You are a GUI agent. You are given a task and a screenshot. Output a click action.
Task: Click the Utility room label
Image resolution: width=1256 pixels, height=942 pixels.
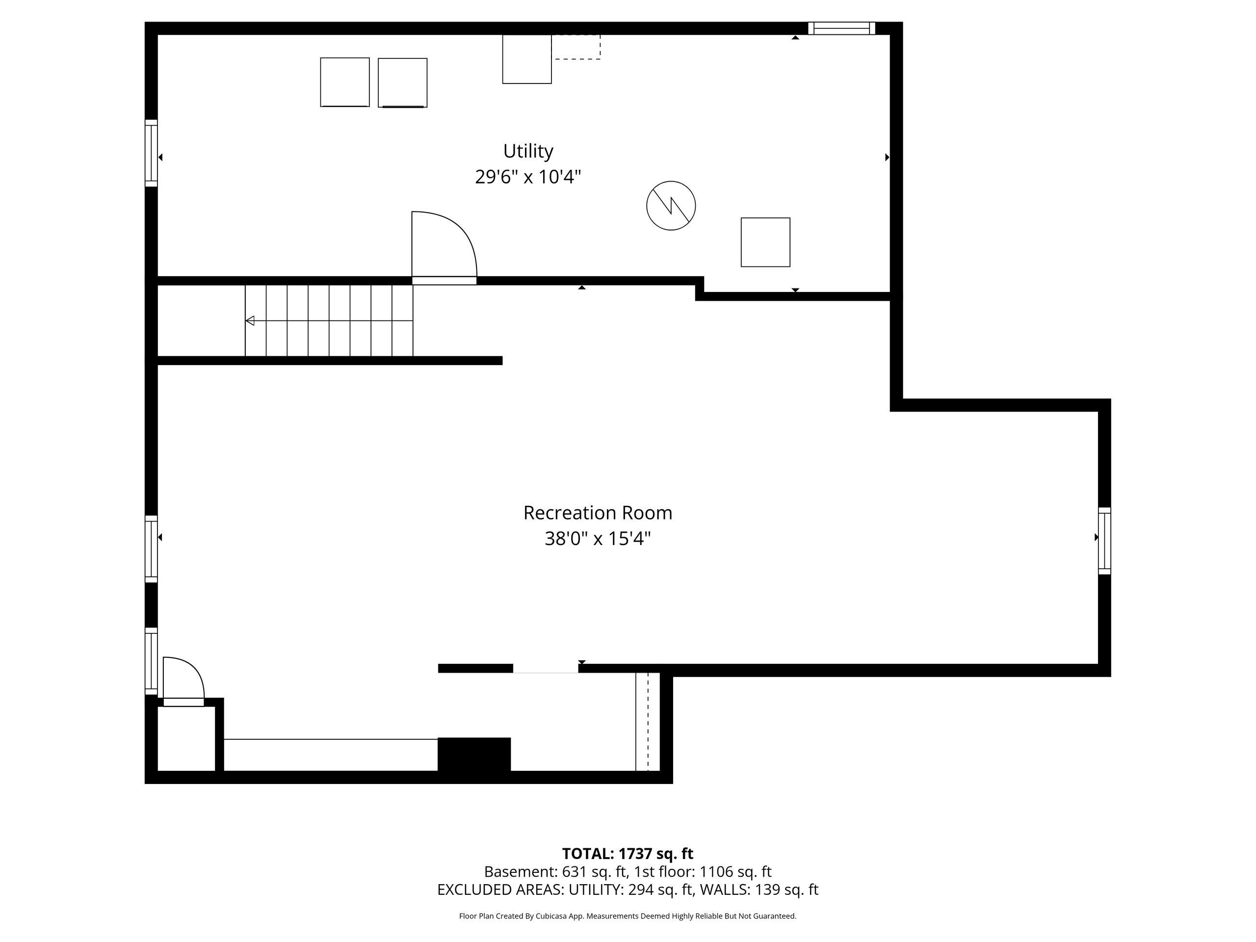527,151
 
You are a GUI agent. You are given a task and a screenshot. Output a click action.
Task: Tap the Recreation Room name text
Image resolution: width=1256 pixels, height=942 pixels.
598,513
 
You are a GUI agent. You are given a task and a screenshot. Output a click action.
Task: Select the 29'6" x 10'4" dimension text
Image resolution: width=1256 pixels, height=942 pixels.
527,177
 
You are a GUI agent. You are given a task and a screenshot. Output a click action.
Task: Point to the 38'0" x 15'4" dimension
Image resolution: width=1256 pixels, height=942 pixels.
598,538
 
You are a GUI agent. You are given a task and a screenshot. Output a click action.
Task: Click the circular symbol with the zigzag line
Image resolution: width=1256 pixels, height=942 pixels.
671,206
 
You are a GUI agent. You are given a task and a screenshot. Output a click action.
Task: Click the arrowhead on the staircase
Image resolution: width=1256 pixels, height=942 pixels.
250,321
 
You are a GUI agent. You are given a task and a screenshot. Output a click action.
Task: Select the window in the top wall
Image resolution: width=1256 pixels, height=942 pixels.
841,28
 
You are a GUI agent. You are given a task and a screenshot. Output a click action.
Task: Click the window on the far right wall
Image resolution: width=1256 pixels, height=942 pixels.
1104,541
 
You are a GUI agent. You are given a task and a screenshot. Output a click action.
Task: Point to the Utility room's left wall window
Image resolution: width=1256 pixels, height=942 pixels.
151,153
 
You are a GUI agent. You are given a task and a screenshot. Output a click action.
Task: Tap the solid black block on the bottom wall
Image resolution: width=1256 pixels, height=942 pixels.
474,755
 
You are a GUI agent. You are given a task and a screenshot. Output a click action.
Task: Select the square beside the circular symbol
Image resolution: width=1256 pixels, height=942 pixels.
765,242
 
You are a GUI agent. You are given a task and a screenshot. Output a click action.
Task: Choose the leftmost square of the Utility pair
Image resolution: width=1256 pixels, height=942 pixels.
344,82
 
